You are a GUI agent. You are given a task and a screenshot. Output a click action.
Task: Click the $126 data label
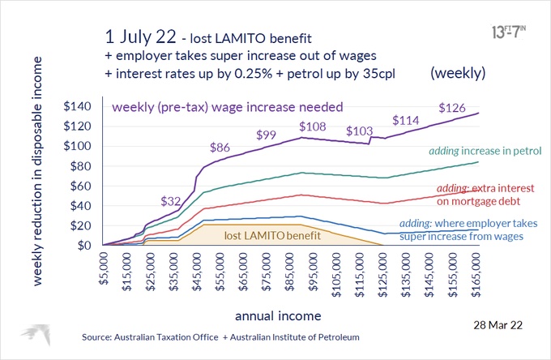click(452, 107)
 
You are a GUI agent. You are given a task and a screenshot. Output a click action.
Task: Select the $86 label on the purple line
click(220, 148)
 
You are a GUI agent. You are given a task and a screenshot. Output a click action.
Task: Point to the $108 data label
click(313, 126)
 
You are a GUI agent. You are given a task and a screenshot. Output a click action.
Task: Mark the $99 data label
click(268, 135)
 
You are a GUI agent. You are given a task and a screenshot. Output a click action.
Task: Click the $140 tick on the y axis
click(79, 106)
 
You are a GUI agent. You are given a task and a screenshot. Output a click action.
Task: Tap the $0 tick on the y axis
click(88, 245)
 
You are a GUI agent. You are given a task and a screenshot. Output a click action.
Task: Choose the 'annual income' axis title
click(280, 314)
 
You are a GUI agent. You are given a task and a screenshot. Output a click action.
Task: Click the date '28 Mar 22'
click(501, 323)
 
